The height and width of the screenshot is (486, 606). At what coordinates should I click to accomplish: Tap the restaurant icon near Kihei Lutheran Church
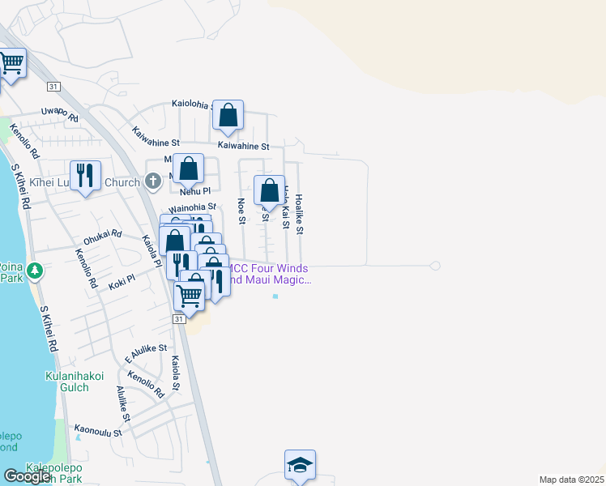click(x=85, y=175)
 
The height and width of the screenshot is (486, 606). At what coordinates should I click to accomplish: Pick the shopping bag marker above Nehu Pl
click(x=188, y=169)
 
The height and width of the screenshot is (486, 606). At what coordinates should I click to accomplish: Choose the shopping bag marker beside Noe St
click(x=269, y=190)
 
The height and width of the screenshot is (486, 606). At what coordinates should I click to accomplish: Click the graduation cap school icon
click(x=300, y=465)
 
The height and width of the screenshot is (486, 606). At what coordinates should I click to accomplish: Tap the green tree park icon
click(x=35, y=270)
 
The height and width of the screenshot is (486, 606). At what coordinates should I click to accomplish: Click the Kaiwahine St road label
click(x=243, y=146)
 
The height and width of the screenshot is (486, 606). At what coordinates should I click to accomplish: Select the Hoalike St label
click(x=299, y=214)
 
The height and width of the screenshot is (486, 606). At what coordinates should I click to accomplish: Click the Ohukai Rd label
click(x=102, y=237)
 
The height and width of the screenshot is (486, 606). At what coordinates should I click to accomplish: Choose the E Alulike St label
click(x=146, y=353)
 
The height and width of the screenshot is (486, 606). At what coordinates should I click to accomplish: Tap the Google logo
click(x=27, y=476)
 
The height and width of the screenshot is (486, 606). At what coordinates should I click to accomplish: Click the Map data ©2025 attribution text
click(x=571, y=480)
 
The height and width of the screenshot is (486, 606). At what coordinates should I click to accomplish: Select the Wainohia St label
click(x=192, y=208)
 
